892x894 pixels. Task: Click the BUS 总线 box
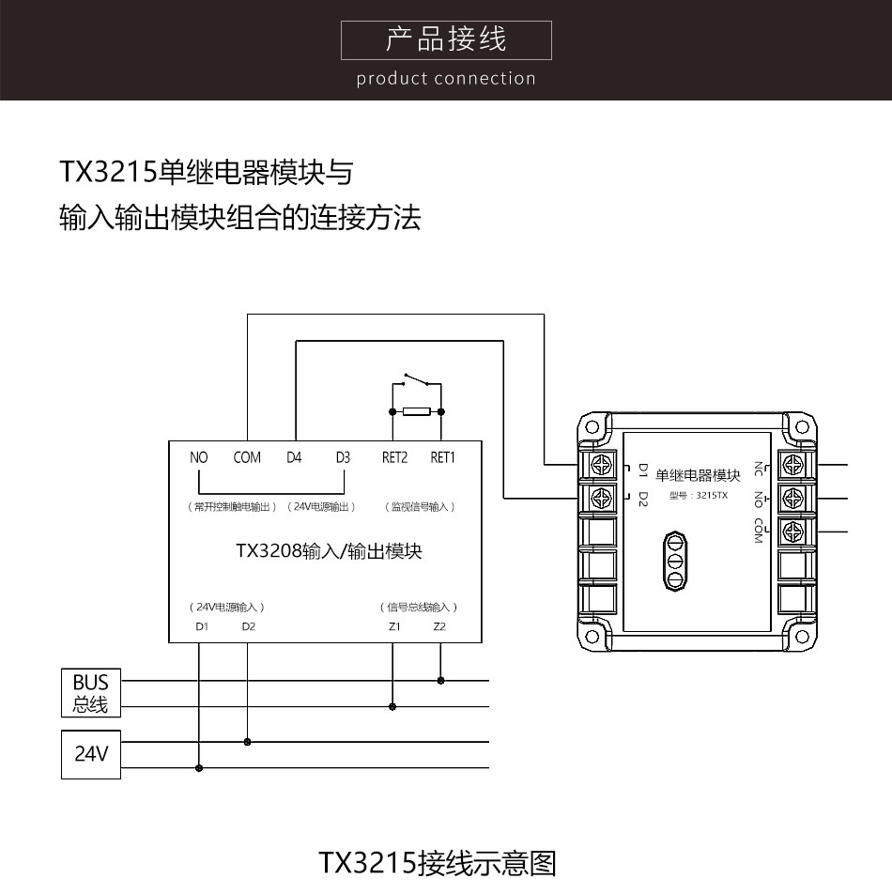[91, 693]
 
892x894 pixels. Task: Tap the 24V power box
[91, 754]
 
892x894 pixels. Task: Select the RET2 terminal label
[394, 457]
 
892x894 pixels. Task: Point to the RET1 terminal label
[442, 457]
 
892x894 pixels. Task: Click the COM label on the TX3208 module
[247, 457]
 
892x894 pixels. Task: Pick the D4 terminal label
[294, 457]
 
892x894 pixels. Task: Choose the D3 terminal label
[343, 457]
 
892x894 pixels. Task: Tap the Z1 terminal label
[394, 626]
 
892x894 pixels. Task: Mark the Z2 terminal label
[439, 626]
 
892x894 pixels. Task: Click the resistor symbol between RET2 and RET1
[417, 411]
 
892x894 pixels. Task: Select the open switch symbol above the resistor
[417, 379]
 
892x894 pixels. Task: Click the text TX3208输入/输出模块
[329, 550]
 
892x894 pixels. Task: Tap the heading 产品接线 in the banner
[446, 39]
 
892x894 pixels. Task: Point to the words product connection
[446, 78]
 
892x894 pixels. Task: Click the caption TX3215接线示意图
[438, 863]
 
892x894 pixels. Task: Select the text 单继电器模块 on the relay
[698, 475]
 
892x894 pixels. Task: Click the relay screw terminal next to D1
[601, 465]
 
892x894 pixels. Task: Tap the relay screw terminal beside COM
[793, 532]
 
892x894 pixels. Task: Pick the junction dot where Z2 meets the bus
[440, 680]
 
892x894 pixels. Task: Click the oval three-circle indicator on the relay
[675, 561]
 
